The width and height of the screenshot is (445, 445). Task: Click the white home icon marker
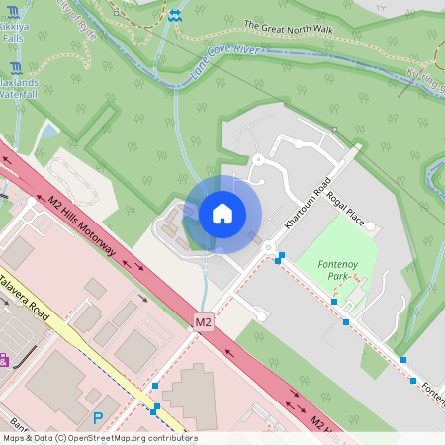coord(222,214)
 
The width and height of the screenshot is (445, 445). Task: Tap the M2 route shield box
coord(204,321)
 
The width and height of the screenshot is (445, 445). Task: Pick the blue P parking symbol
coord(97,418)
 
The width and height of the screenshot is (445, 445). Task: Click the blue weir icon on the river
coord(174,16)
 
